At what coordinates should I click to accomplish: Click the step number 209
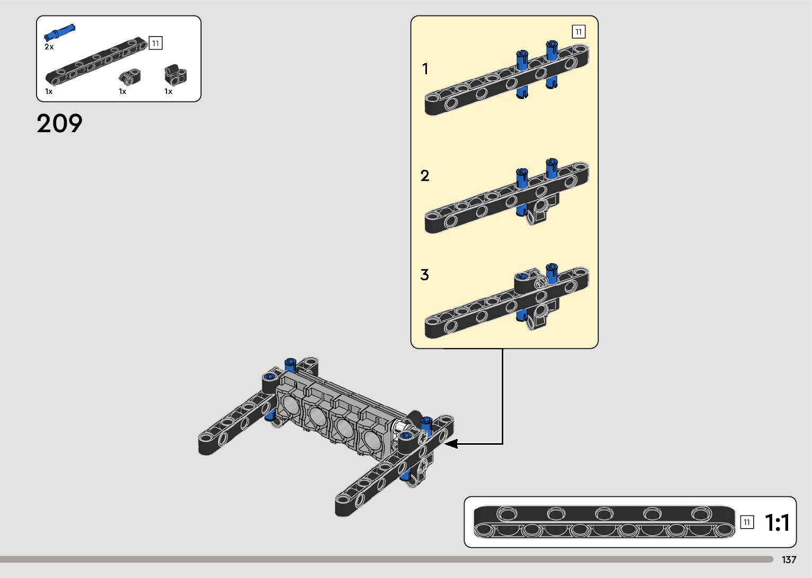[59, 124]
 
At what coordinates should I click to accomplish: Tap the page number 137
[789, 560]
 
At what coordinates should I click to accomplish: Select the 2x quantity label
[49, 47]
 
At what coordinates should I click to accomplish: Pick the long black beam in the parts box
[95, 60]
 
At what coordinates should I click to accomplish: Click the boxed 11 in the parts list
[155, 43]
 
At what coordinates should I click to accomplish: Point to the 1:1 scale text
[777, 523]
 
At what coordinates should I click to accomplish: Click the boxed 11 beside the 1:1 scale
[747, 522]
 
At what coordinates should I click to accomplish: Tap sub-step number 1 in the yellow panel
[425, 69]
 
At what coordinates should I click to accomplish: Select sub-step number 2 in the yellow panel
[425, 176]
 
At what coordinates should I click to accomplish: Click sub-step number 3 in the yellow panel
[425, 275]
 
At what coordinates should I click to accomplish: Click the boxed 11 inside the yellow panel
[578, 32]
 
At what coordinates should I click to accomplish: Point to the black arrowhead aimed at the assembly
[451, 443]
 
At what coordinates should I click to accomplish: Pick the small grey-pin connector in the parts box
[129, 77]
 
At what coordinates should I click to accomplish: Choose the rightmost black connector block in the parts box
[175, 75]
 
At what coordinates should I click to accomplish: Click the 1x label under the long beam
[49, 91]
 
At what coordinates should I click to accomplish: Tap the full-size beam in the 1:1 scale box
[604, 521]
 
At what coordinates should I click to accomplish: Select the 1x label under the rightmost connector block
[168, 91]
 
